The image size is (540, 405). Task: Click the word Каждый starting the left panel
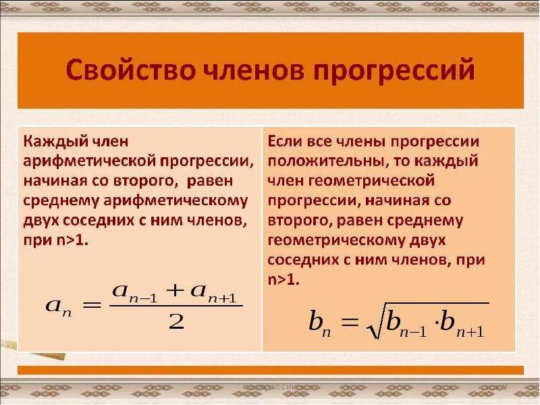51,142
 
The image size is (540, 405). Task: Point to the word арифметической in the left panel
88,161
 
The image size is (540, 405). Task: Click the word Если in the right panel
283,142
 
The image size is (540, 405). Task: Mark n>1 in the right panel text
283,279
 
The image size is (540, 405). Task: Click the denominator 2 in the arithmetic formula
176,323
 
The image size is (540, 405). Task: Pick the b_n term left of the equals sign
319,323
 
